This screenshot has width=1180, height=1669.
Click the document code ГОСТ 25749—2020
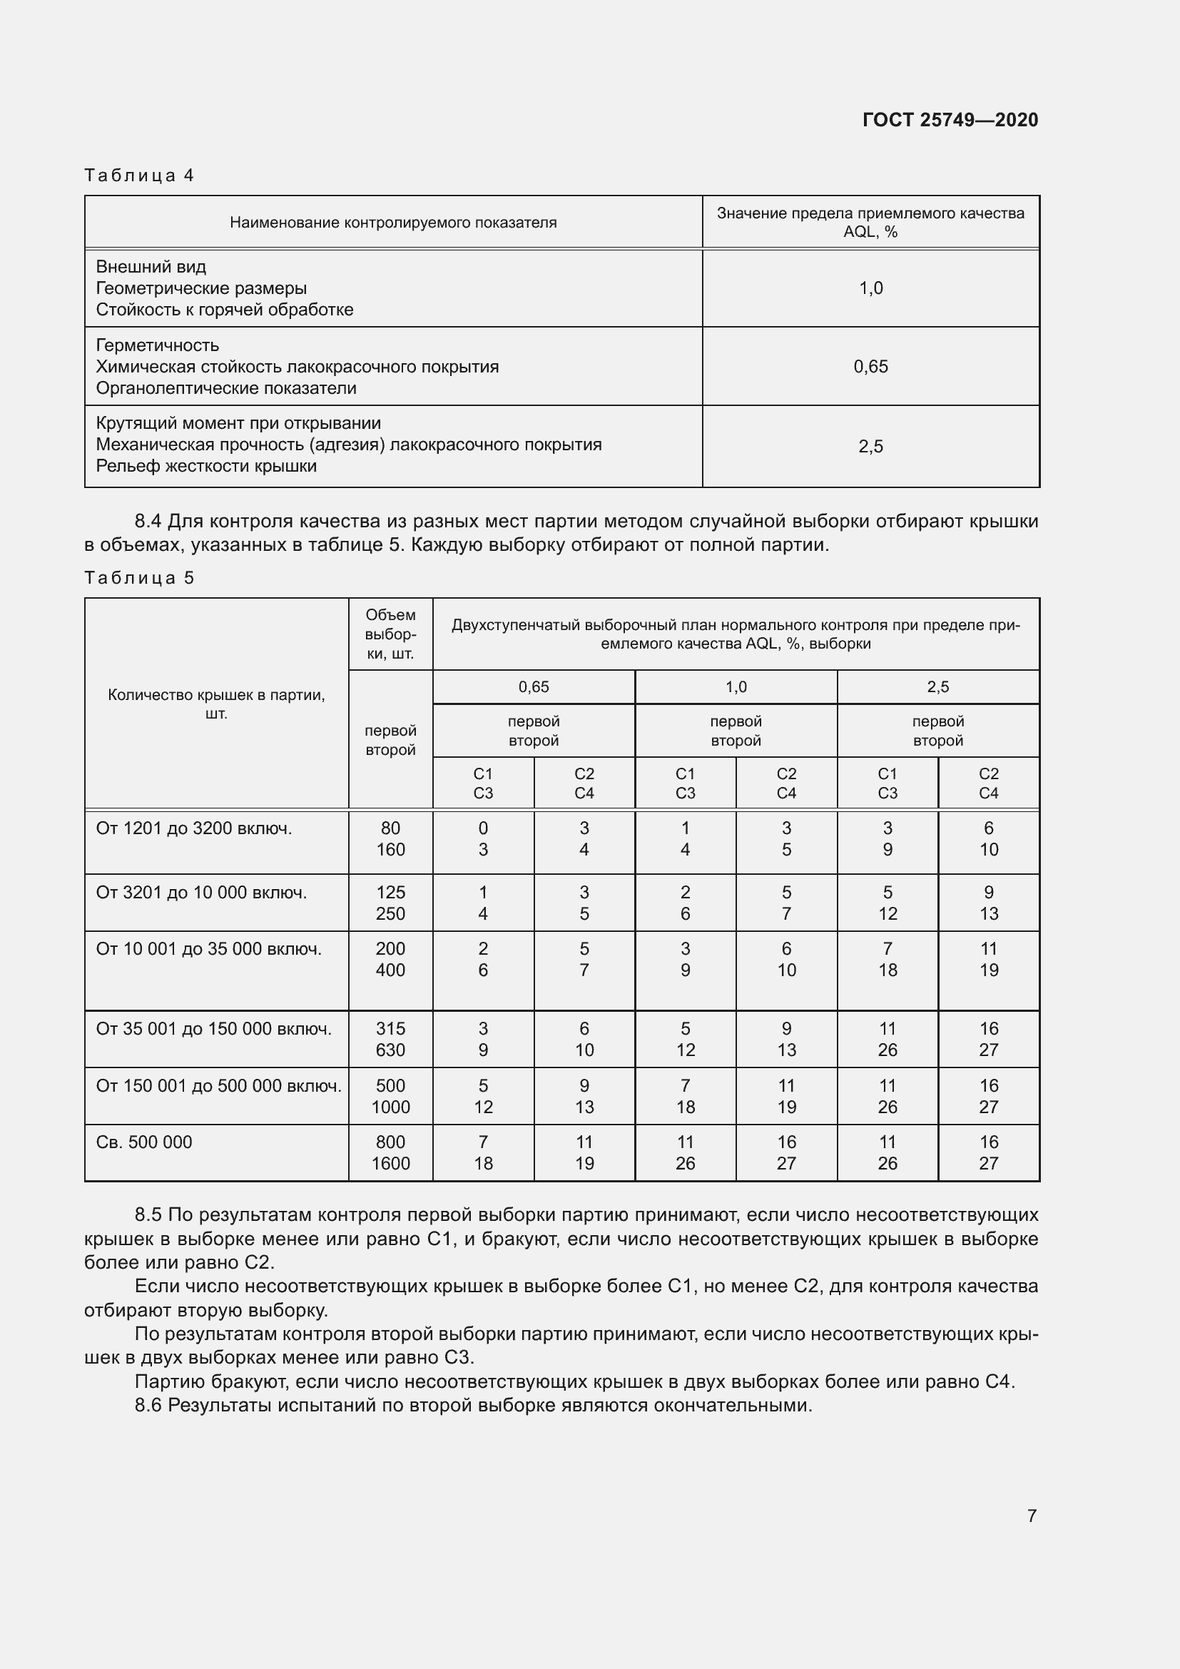(x=950, y=120)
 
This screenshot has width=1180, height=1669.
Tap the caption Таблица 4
(x=139, y=176)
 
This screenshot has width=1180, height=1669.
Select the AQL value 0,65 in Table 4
(x=870, y=366)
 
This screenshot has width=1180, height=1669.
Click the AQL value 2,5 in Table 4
(x=870, y=446)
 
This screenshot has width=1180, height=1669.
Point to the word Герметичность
(x=157, y=345)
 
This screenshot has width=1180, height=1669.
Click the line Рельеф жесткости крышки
(x=206, y=466)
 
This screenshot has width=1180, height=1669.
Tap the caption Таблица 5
(x=139, y=578)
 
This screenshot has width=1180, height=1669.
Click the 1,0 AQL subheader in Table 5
(x=736, y=687)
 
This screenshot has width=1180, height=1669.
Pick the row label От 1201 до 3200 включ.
(x=193, y=828)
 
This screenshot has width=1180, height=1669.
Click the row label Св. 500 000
(x=144, y=1142)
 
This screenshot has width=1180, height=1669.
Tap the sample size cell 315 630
(x=390, y=1039)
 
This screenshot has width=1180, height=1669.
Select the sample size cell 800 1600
(x=390, y=1152)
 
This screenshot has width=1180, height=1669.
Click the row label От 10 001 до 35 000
(x=208, y=948)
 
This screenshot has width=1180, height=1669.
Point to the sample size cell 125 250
(x=390, y=903)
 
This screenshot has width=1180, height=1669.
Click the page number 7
(x=1032, y=1516)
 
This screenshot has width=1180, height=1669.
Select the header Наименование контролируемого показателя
(x=393, y=223)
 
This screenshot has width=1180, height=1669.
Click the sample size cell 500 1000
(x=390, y=1096)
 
